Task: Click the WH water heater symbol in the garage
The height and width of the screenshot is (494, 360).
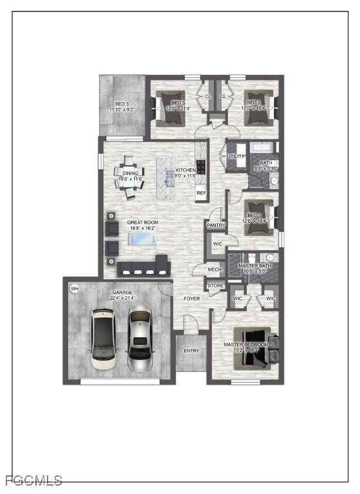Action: coord(75,288)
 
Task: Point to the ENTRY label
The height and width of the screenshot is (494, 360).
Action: coord(191,351)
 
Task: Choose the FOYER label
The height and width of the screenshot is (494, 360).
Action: coord(192,299)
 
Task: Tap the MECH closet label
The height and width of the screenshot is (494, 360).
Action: coord(214,270)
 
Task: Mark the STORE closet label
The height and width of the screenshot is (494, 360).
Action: coord(215,286)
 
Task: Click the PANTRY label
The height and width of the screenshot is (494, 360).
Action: coord(215,226)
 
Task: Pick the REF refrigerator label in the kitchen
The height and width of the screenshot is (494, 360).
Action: coord(201,193)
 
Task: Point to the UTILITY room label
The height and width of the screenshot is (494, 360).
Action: coord(235,156)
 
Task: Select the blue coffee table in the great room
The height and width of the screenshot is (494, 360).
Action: coord(142,239)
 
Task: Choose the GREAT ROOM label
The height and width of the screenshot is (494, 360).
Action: coord(142,222)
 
